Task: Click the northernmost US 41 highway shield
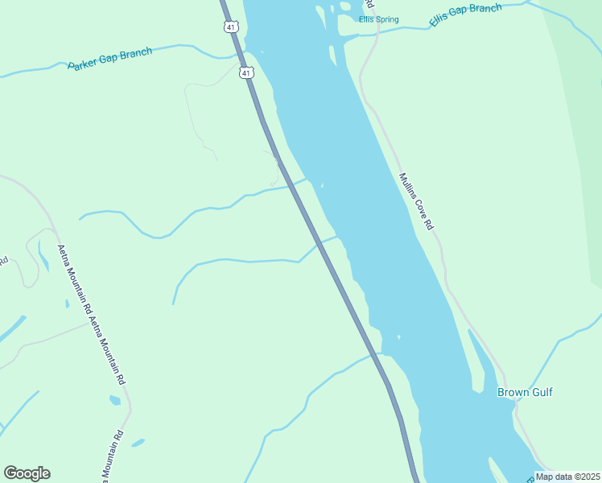[x=231, y=27]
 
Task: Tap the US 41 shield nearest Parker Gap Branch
[x=246, y=73]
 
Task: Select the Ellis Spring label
[x=378, y=20]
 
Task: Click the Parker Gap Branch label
[x=109, y=59]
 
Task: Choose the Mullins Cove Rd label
[x=416, y=202]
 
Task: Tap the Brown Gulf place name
[x=525, y=393]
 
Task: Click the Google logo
[x=27, y=473]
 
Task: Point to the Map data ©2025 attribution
[x=567, y=476]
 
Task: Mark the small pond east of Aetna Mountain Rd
[x=115, y=400]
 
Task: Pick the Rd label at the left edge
[x=4, y=261]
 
